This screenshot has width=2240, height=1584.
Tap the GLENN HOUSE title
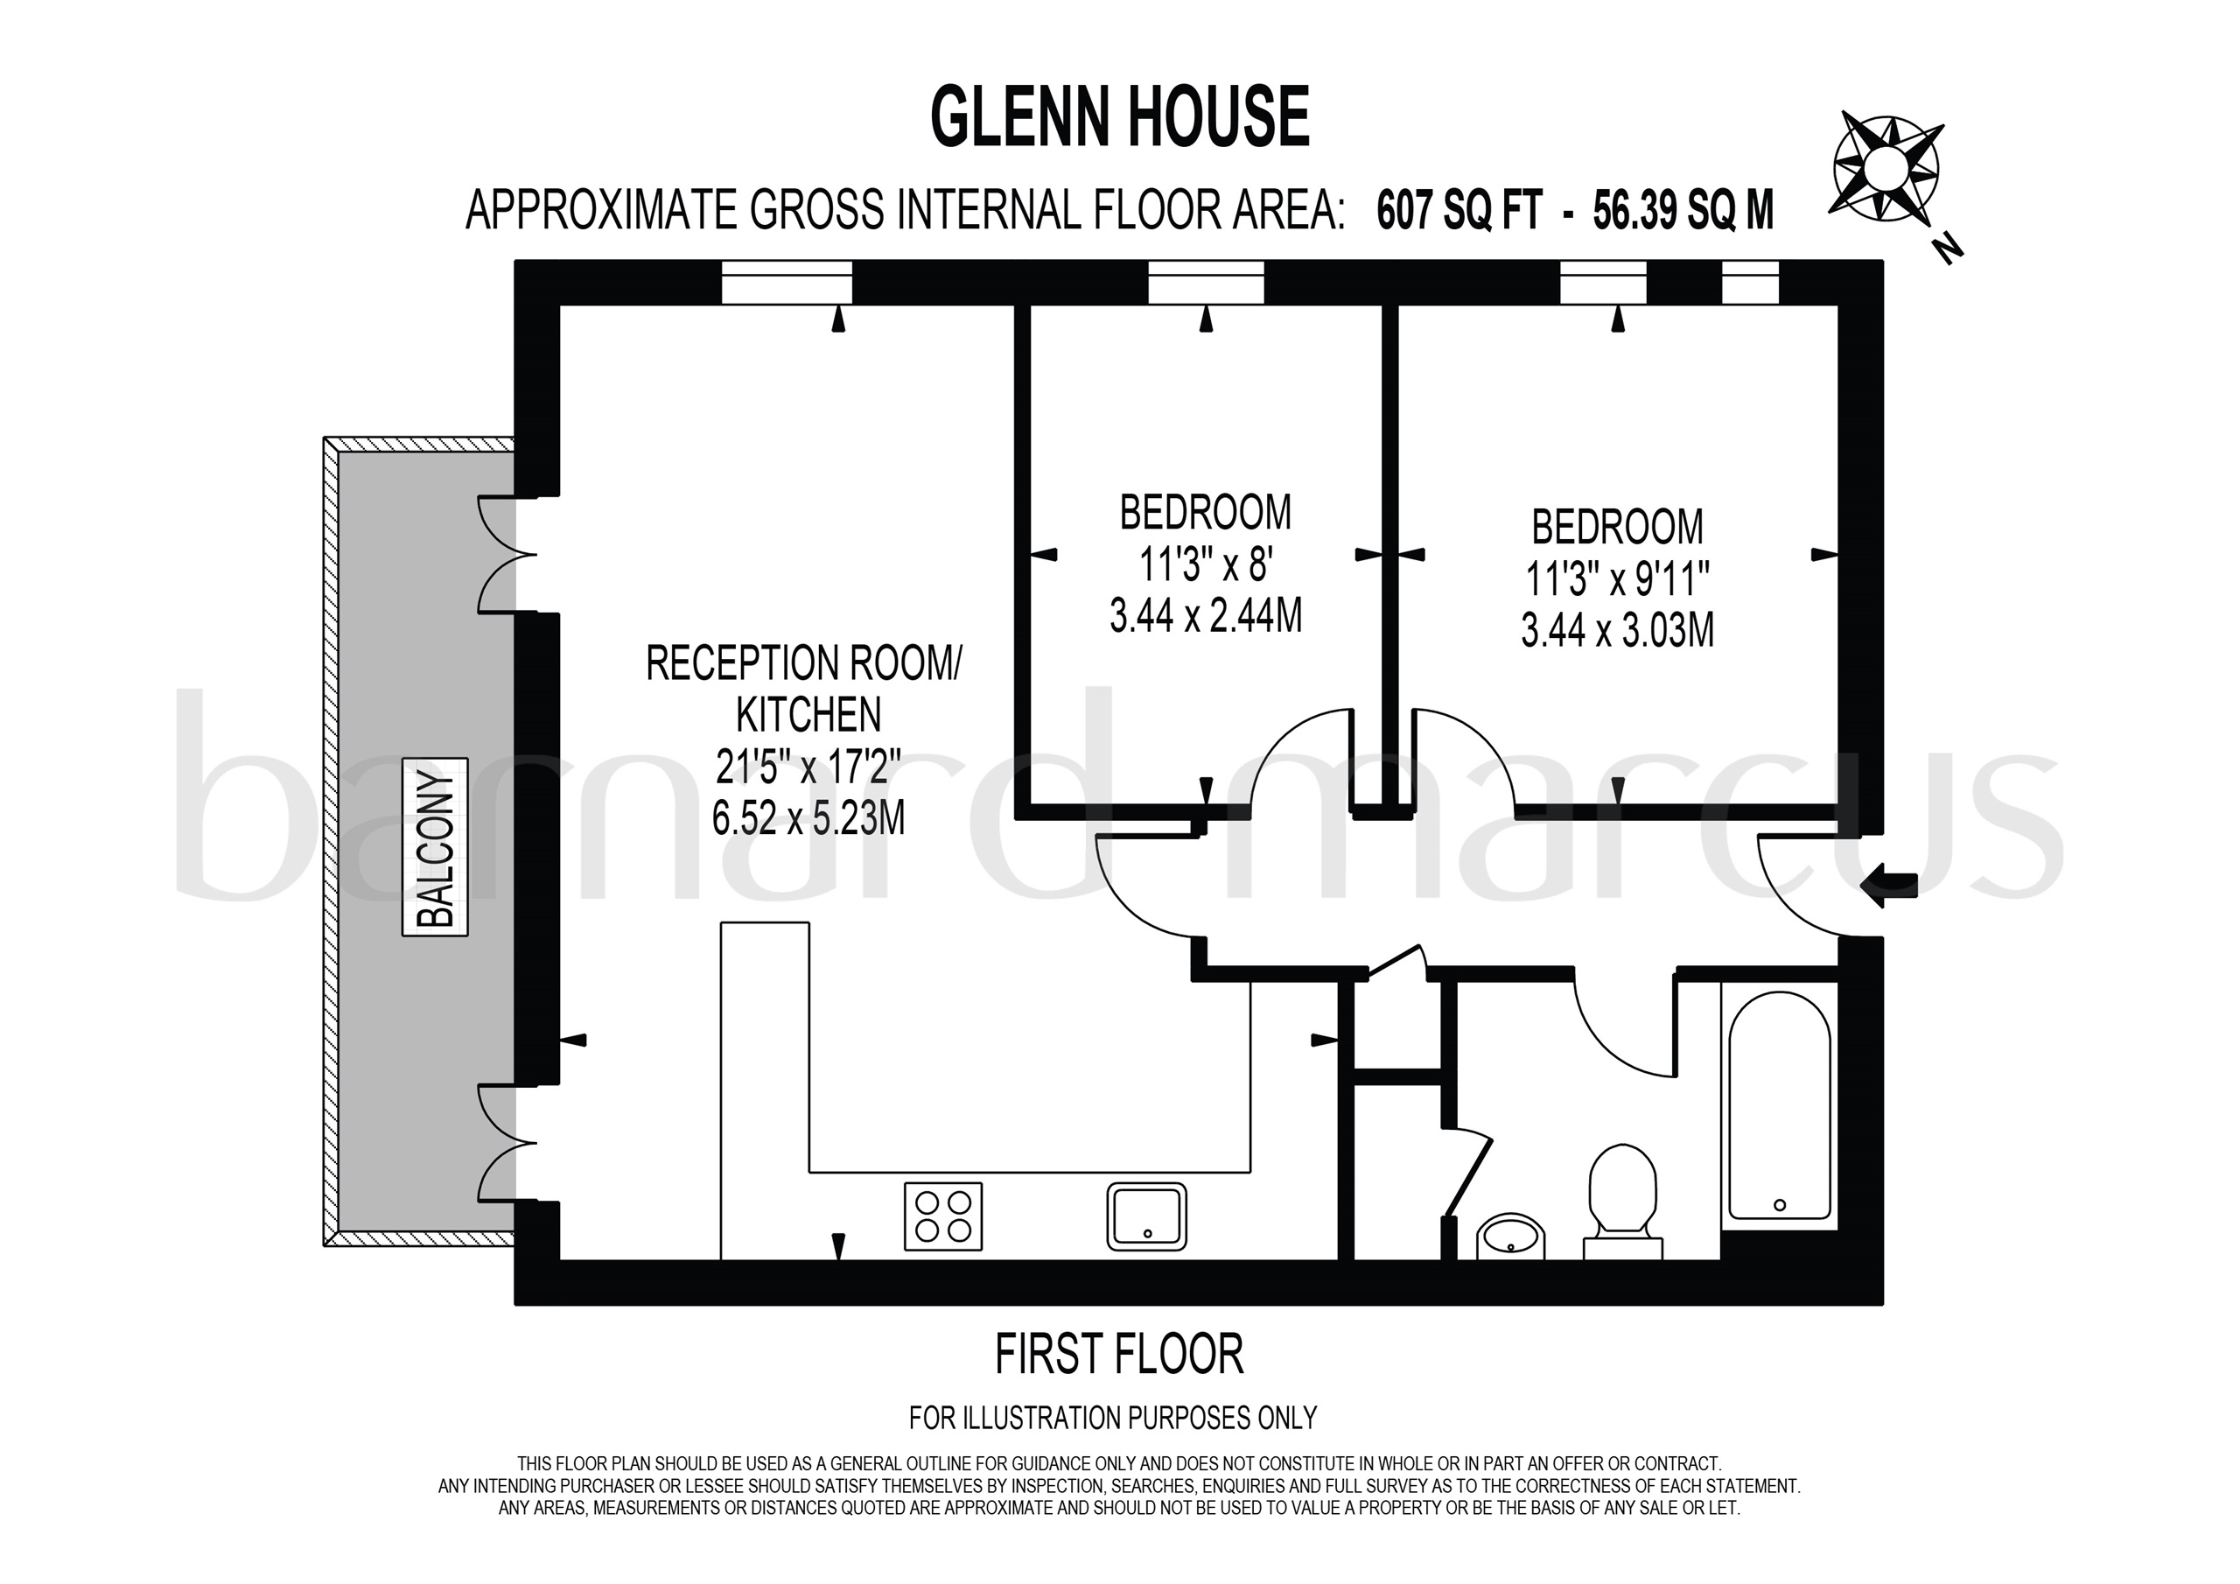point(1119,117)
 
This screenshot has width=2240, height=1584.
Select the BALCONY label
point(435,846)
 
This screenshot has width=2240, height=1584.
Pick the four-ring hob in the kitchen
point(942,1216)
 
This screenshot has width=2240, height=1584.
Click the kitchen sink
point(1146,1216)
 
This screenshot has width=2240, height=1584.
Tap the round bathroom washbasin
point(1511,1237)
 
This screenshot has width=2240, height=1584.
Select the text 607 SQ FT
point(1459,211)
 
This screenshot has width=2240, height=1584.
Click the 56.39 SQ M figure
point(1683,211)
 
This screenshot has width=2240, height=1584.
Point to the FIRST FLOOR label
point(1119,1355)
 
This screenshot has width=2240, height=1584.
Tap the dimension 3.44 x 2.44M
point(1206,616)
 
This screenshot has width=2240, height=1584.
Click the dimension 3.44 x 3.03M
point(1618,630)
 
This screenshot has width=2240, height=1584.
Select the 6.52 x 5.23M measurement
point(808,818)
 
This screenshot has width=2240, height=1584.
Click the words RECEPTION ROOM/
point(803,664)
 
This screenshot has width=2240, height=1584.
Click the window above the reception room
point(787,283)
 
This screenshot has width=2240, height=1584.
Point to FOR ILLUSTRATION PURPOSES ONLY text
point(1113,1418)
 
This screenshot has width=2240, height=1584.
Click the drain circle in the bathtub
point(1780,1205)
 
